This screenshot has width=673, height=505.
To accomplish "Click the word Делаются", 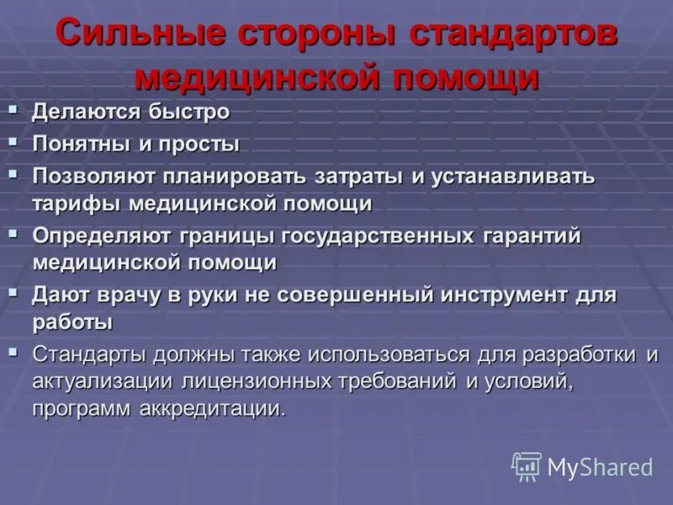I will (x=82, y=112).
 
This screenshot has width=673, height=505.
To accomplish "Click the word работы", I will (x=72, y=322).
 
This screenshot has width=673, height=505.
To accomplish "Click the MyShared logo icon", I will (x=526, y=466).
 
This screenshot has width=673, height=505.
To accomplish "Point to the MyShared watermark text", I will (x=600, y=468).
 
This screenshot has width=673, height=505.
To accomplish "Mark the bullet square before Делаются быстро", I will (x=13, y=108).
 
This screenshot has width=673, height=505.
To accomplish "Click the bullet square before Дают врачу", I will (x=13, y=290).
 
